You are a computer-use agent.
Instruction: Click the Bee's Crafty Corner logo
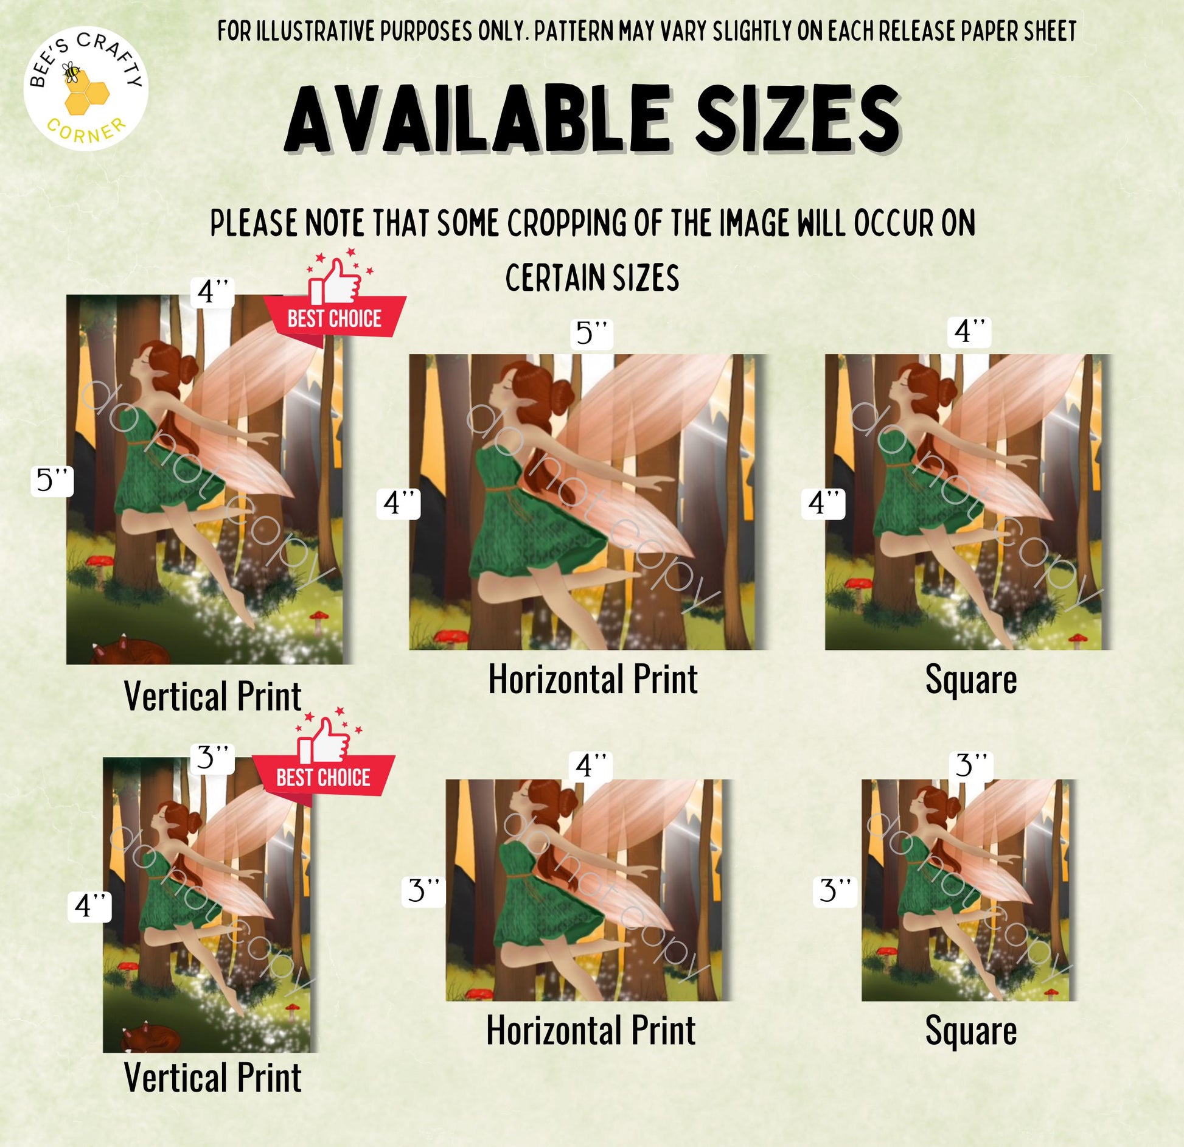coord(86,89)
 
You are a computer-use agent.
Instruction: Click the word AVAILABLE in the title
coord(479,119)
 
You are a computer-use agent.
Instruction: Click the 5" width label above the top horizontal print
coord(592,333)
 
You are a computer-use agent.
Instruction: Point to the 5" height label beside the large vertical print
coord(52,481)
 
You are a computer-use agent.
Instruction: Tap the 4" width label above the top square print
coord(970,332)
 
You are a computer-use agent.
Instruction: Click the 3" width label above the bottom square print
coord(971,765)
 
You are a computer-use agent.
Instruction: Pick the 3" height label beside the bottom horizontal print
coord(424,891)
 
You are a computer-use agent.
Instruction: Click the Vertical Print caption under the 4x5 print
coord(212,696)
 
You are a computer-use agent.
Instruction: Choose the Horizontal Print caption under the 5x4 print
coord(593,679)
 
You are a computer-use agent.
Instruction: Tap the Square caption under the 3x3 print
coord(971,1031)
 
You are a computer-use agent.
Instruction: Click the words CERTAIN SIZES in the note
coord(592,278)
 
